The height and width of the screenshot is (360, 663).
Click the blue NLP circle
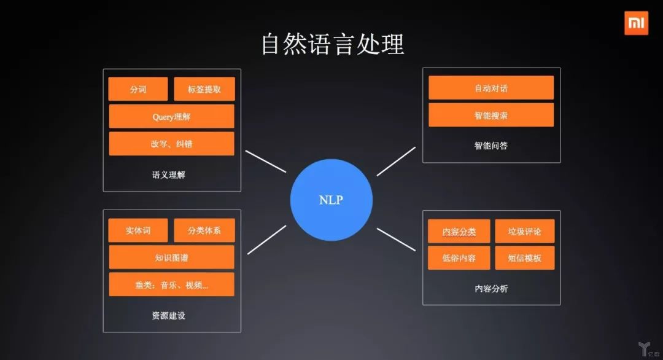coord(331,200)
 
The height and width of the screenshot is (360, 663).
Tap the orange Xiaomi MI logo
coord(637,23)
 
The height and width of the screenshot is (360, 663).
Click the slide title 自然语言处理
coord(332,45)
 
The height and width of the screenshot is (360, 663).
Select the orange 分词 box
coord(138,89)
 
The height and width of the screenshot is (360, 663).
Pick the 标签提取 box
coord(204,89)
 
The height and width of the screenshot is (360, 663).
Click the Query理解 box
coord(171,116)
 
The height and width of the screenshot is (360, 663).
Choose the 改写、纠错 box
coord(171,144)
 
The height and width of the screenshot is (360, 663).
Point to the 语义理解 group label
coord(168,174)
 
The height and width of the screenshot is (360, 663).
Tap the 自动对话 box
coord(491,88)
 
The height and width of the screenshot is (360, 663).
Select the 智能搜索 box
coord(491,115)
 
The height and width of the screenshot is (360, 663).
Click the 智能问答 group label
coord(491,146)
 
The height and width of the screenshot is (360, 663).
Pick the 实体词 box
coord(138,230)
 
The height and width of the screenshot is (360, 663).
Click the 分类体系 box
coord(204,230)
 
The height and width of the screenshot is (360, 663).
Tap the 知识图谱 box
coord(171,257)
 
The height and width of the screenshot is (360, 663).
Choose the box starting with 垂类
coord(171,284)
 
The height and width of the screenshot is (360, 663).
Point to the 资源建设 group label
coord(168,316)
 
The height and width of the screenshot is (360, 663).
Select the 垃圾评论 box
coord(525,231)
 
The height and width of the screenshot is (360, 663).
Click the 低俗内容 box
coord(459,258)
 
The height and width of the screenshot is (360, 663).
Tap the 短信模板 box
coord(525,258)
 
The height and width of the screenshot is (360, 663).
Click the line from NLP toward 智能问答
coord(396,161)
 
